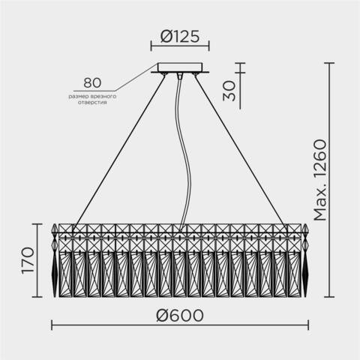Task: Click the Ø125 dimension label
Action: click(x=179, y=35)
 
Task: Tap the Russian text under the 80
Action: click(x=91, y=98)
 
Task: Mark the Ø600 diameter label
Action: click(x=180, y=315)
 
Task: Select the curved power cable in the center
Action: click(x=178, y=150)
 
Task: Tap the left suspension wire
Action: click(x=120, y=150)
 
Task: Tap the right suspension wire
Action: click(x=240, y=150)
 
